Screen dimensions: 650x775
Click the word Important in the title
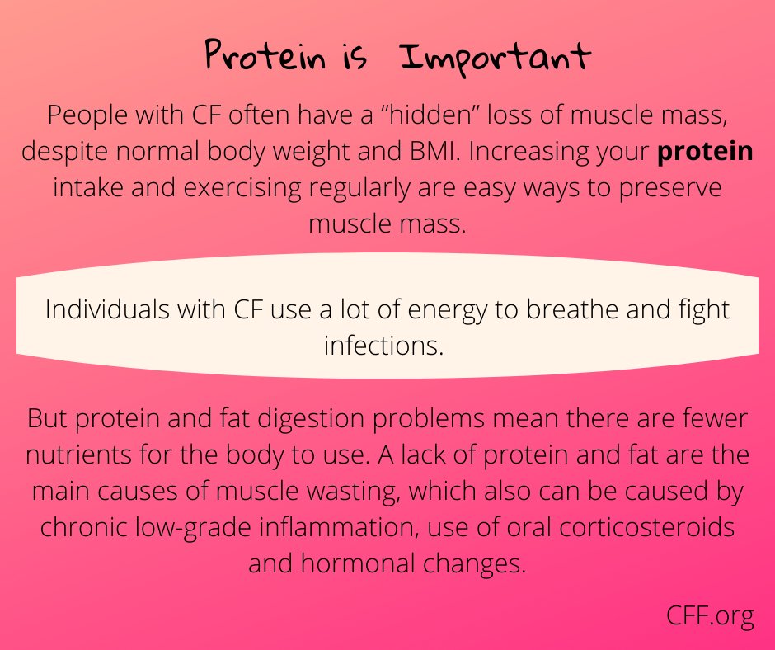(x=496, y=58)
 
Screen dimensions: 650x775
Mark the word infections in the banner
(x=384, y=346)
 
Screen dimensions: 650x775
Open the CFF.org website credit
(x=711, y=615)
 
